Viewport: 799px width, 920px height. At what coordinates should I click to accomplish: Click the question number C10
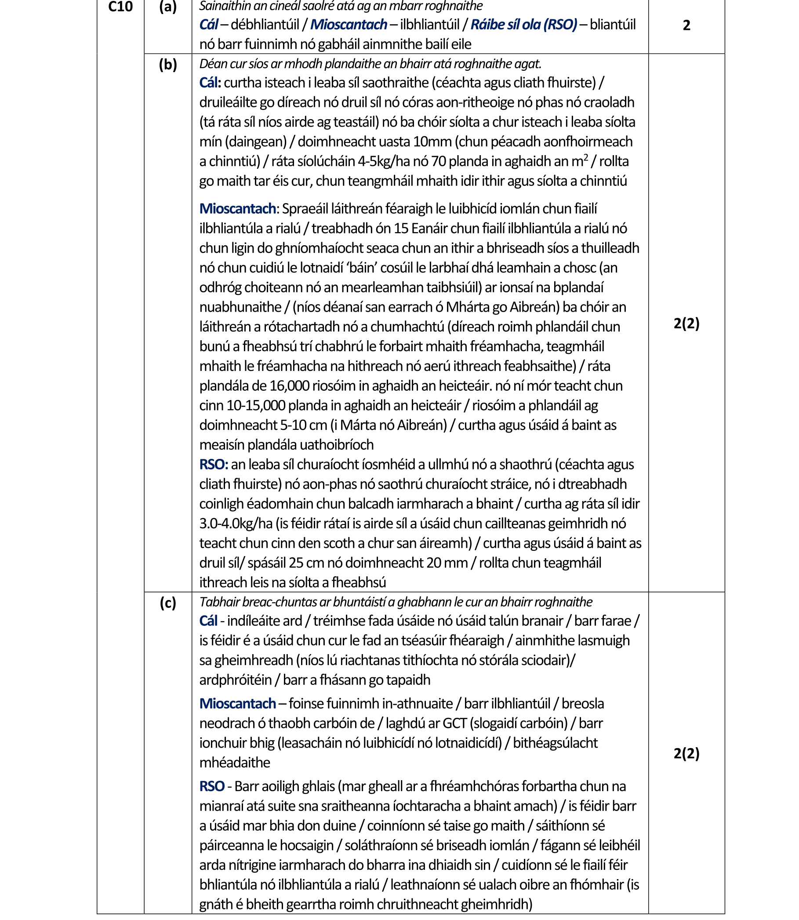point(120,7)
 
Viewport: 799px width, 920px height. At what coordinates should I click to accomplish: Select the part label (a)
point(167,7)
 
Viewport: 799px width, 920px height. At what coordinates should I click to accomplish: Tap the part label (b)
point(167,65)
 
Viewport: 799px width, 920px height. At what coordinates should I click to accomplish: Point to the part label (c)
point(167,603)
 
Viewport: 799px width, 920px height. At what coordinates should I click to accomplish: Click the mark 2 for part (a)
point(686,25)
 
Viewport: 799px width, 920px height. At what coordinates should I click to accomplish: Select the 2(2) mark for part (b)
point(686,324)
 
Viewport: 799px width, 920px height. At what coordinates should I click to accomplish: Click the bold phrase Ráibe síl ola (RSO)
point(523,25)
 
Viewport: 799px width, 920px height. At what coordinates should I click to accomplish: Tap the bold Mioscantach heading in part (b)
point(238,209)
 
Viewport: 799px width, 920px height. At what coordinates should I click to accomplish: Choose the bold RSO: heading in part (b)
point(214,465)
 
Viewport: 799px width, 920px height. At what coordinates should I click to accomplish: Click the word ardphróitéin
point(236,680)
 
